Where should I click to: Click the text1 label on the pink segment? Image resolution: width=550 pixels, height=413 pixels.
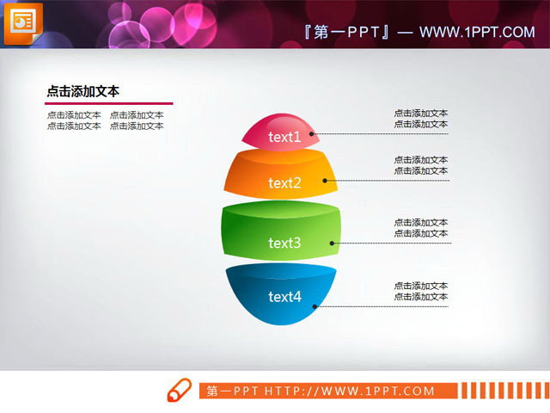284,137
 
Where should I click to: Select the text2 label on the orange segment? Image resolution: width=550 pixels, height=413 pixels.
284,182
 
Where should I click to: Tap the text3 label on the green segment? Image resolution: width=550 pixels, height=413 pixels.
284,243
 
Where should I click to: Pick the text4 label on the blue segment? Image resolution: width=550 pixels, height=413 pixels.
284,297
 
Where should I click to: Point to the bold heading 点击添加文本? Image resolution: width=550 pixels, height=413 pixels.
82,91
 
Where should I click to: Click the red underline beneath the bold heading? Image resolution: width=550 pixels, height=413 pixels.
109,104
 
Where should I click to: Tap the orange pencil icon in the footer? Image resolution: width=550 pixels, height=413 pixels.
178,390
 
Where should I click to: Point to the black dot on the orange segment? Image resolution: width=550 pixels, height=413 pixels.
325,181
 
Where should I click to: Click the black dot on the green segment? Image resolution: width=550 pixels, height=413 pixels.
332,243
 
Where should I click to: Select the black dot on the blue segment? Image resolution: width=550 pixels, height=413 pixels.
315,305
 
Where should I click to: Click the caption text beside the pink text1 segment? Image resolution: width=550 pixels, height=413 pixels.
420,119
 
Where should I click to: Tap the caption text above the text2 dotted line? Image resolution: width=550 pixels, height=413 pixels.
420,165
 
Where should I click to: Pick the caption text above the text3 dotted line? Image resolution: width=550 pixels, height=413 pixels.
420,228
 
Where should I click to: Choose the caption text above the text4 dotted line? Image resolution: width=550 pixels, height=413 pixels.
420,291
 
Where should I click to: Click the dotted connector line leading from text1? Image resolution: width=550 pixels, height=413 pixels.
382,134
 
